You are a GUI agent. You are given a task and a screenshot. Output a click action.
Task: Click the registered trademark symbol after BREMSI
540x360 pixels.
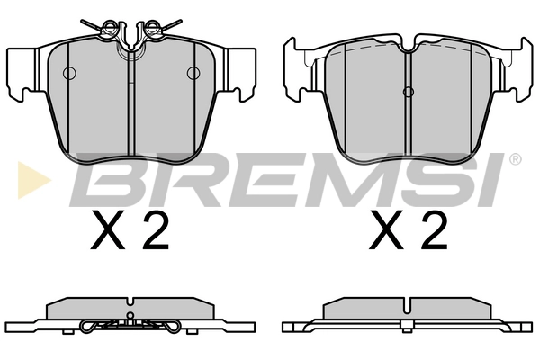tap(516, 159)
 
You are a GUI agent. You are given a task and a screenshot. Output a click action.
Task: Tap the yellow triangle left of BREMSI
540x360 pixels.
tap(32, 180)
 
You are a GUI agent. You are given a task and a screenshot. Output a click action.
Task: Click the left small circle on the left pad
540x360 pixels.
tap(69, 73)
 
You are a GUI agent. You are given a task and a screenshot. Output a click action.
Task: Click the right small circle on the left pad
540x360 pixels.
tap(193, 73)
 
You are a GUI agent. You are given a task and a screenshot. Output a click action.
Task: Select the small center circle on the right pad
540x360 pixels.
tap(409, 92)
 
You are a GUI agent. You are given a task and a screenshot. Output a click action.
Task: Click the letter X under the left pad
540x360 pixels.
tap(107, 230)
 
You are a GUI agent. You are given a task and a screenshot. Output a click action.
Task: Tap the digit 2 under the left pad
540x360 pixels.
tap(156, 229)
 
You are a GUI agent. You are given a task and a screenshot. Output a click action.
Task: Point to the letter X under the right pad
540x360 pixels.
tap(386, 230)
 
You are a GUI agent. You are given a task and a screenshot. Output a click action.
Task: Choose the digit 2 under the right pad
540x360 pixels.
tap(435, 229)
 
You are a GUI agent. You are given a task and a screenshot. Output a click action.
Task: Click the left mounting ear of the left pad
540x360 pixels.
tap(22, 73)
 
